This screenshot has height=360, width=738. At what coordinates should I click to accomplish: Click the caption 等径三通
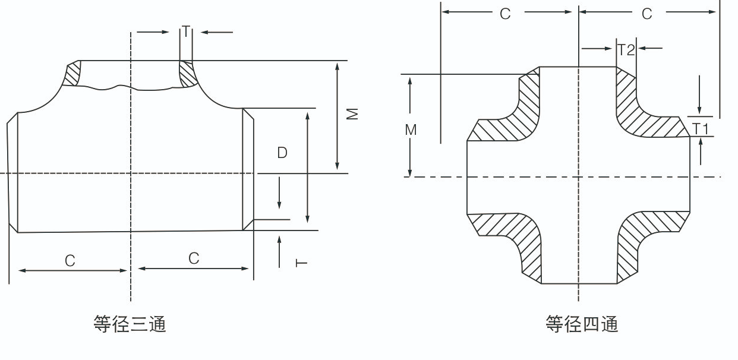click(130, 324)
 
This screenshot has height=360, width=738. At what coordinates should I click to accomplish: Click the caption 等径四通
click(582, 324)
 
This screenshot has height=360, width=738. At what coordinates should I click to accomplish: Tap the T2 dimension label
click(626, 50)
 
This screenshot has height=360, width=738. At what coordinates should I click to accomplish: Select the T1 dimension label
click(701, 128)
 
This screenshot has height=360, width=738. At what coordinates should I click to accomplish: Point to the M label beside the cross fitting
click(411, 130)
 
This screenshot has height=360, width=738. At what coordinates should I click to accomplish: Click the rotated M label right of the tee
click(354, 113)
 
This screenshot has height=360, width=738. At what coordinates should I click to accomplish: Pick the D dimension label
click(282, 153)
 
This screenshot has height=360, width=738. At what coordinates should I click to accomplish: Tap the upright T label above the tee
click(187, 31)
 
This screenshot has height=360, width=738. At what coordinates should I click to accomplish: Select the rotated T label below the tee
click(302, 262)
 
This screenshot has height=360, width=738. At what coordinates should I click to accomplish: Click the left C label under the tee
click(70, 261)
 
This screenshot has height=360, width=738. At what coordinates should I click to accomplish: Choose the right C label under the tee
click(194, 258)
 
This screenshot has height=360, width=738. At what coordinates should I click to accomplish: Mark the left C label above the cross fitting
click(505, 14)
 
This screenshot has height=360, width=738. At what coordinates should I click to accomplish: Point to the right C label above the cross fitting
click(647, 14)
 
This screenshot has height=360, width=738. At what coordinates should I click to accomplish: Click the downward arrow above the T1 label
click(700, 95)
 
